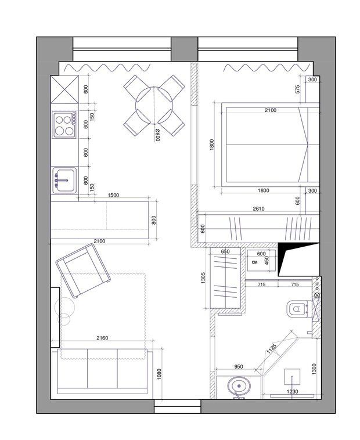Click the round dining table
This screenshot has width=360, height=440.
pos(154,106)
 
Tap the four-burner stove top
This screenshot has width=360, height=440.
pos(64,125)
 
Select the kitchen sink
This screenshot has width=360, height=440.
pos(64,181)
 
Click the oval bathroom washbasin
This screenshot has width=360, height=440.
pos(239,386)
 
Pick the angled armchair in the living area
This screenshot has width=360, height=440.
pos(83,271)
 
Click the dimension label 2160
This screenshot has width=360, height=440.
pos(102,338)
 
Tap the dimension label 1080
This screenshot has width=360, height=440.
pos(159,374)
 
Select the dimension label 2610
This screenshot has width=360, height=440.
pos(258,209)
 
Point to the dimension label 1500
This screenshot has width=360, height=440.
pos(113,195)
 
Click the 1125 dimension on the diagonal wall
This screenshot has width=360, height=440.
pos(272,349)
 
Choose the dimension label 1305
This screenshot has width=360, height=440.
pos(204,277)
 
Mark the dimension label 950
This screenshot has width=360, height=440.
pos(239,366)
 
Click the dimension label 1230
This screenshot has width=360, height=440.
pos(292,391)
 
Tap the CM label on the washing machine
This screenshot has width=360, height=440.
pos(255,262)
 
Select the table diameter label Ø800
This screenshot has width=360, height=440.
pos(157,135)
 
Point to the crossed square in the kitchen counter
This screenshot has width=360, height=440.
pos(65,89)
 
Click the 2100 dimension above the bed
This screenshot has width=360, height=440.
pos(271,110)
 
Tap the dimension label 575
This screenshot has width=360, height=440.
pos(298,89)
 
